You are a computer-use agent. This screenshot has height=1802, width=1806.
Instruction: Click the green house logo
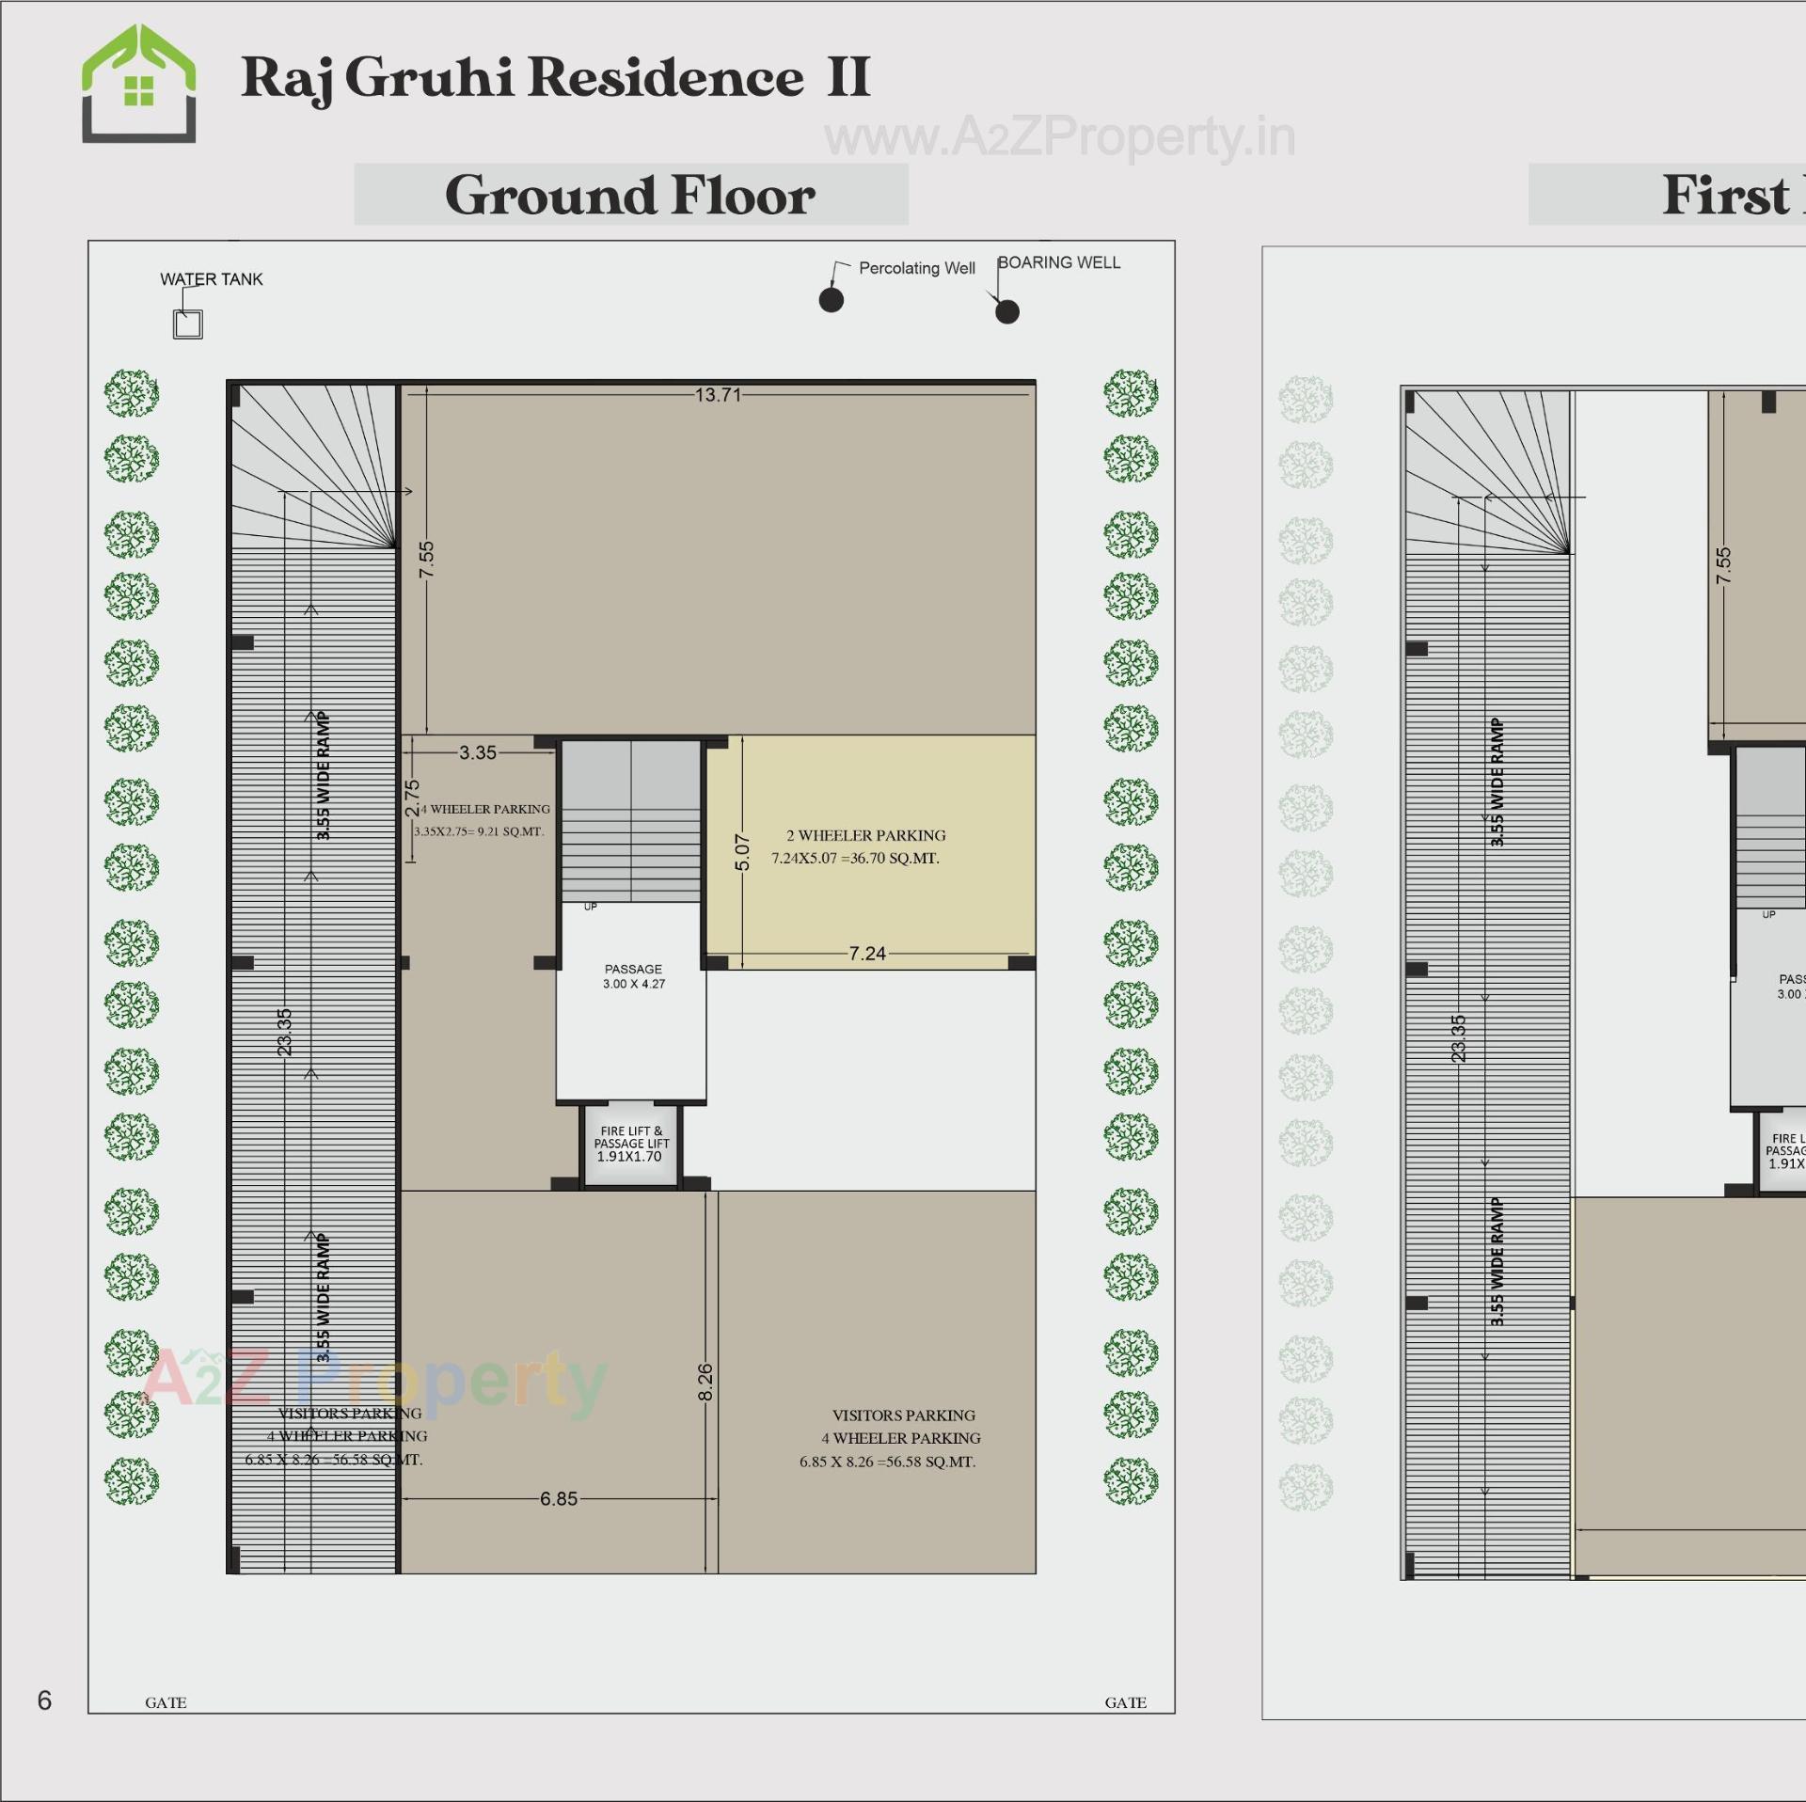pyautogui.click(x=138, y=84)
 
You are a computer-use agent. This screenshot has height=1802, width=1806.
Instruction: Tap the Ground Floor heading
pyautogui.click(x=629, y=195)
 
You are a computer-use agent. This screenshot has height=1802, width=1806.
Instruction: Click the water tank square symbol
pyautogui.click(x=188, y=324)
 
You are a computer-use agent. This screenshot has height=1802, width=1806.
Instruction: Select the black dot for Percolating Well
pyautogui.click(x=831, y=300)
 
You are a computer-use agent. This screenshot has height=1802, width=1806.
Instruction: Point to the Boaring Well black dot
pyautogui.click(x=1006, y=311)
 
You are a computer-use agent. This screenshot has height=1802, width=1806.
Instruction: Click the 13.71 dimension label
pyautogui.click(x=718, y=395)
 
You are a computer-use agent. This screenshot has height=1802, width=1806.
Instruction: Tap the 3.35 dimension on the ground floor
pyautogui.click(x=477, y=752)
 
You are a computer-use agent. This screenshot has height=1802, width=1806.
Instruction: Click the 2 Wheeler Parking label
pyautogui.click(x=865, y=835)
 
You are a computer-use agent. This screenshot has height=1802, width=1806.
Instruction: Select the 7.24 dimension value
pyautogui.click(x=866, y=954)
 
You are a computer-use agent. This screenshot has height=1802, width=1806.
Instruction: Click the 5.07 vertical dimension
pyautogui.click(x=742, y=852)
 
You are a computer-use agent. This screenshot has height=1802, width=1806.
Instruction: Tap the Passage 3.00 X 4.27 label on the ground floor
pyautogui.click(x=633, y=976)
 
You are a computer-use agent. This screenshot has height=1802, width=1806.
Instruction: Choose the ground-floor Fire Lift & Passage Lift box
pyautogui.click(x=630, y=1144)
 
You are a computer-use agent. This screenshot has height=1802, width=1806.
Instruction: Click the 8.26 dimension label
pyautogui.click(x=705, y=1382)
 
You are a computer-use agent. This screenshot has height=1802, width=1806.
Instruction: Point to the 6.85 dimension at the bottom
pyautogui.click(x=559, y=1499)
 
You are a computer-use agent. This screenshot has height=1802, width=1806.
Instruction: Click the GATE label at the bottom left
pyautogui.click(x=166, y=1702)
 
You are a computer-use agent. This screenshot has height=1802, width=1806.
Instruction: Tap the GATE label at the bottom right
pyautogui.click(x=1125, y=1702)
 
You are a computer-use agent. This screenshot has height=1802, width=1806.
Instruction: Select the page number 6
pyautogui.click(x=44, y=1700)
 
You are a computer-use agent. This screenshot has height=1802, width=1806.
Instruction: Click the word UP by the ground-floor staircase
pyautogui.click(x=590, y=907)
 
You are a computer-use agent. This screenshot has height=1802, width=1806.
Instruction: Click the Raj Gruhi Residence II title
pyautogui.click(x=555, y=77)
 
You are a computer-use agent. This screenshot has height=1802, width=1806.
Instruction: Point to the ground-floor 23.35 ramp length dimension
pyautogui.click(x=285, y=1032)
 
